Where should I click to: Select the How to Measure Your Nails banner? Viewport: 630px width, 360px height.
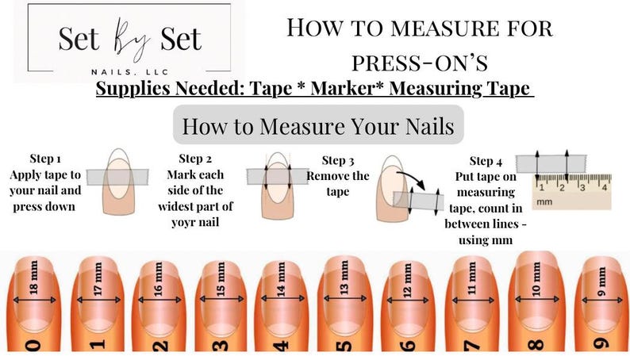pos(318,125)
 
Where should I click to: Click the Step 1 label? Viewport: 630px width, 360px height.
pos(46,159)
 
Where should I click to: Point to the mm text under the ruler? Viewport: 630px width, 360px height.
pos(544,203)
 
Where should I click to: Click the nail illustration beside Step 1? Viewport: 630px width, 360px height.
pos(120,181)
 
